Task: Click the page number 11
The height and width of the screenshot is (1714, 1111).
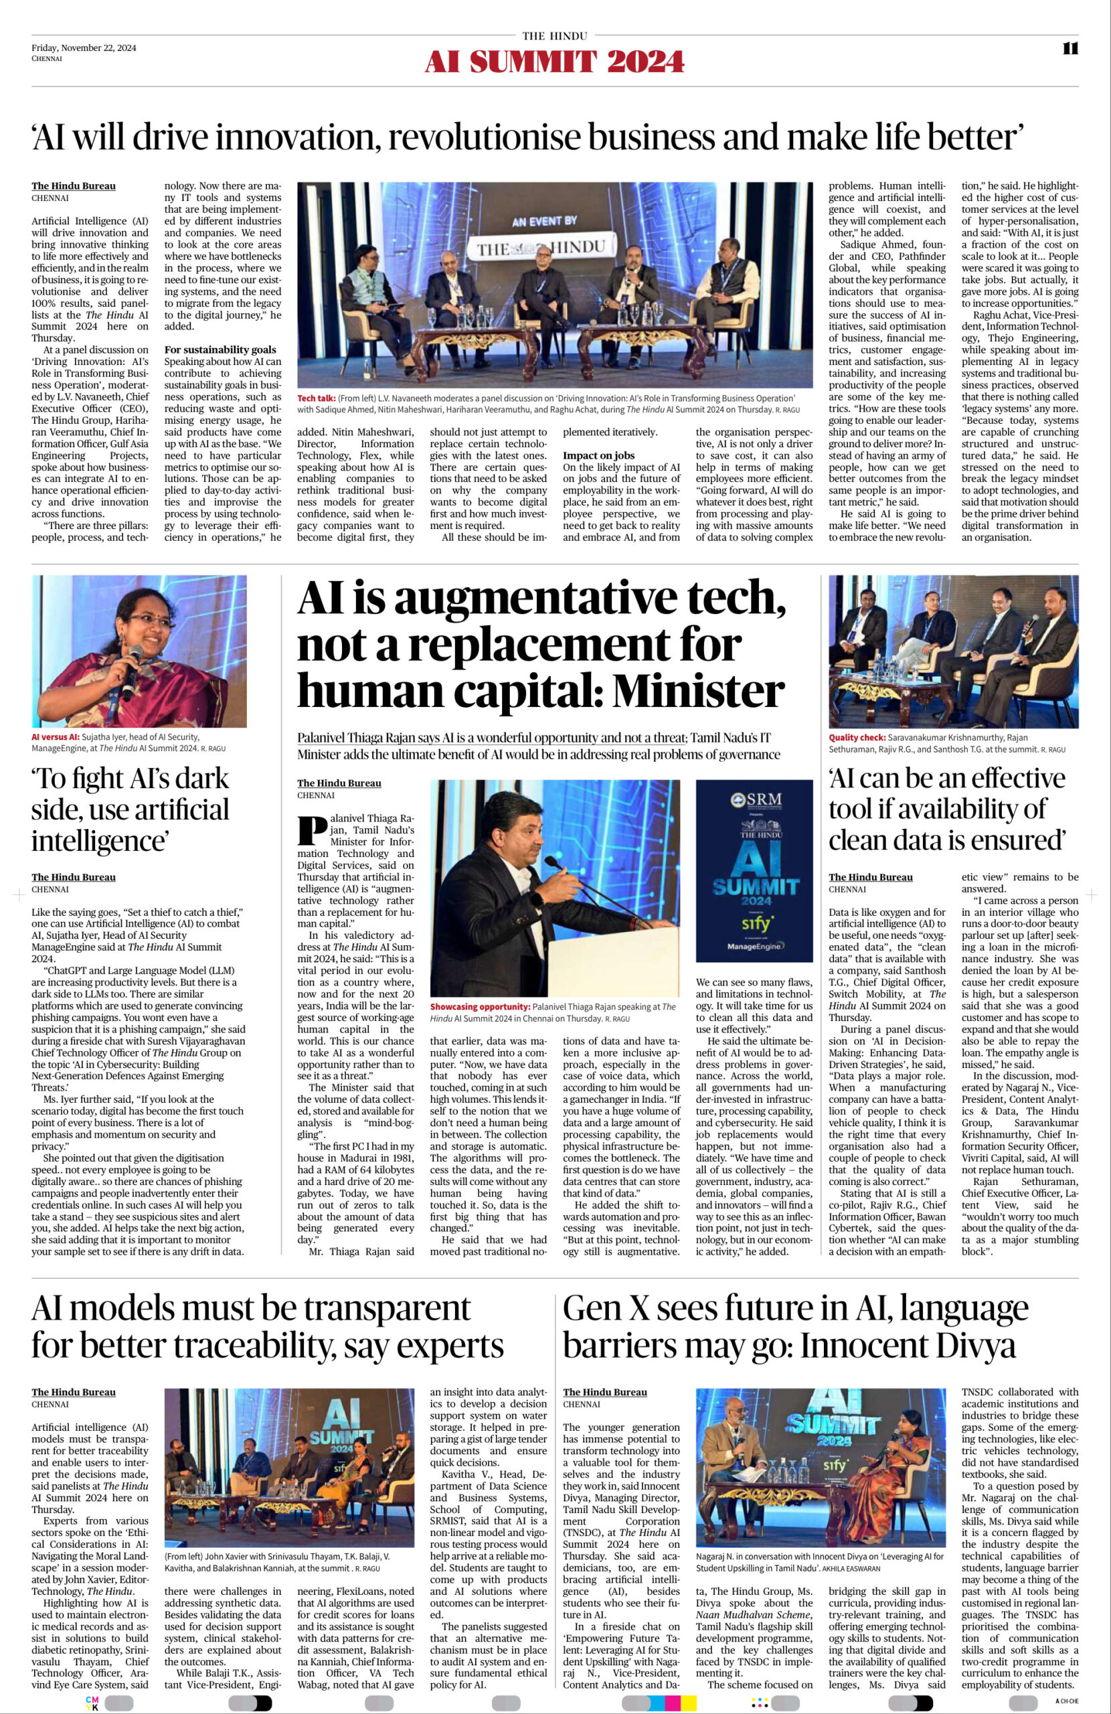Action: (1070, 48)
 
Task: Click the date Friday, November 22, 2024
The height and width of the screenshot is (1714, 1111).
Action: (84, 48)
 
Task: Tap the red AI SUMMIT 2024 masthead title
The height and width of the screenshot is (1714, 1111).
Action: (554, 63)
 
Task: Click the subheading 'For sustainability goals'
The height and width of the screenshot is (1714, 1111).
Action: (220, 349)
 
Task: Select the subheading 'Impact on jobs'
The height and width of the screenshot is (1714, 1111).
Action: (598, 455)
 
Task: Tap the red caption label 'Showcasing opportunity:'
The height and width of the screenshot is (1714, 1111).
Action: (481, 1006)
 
